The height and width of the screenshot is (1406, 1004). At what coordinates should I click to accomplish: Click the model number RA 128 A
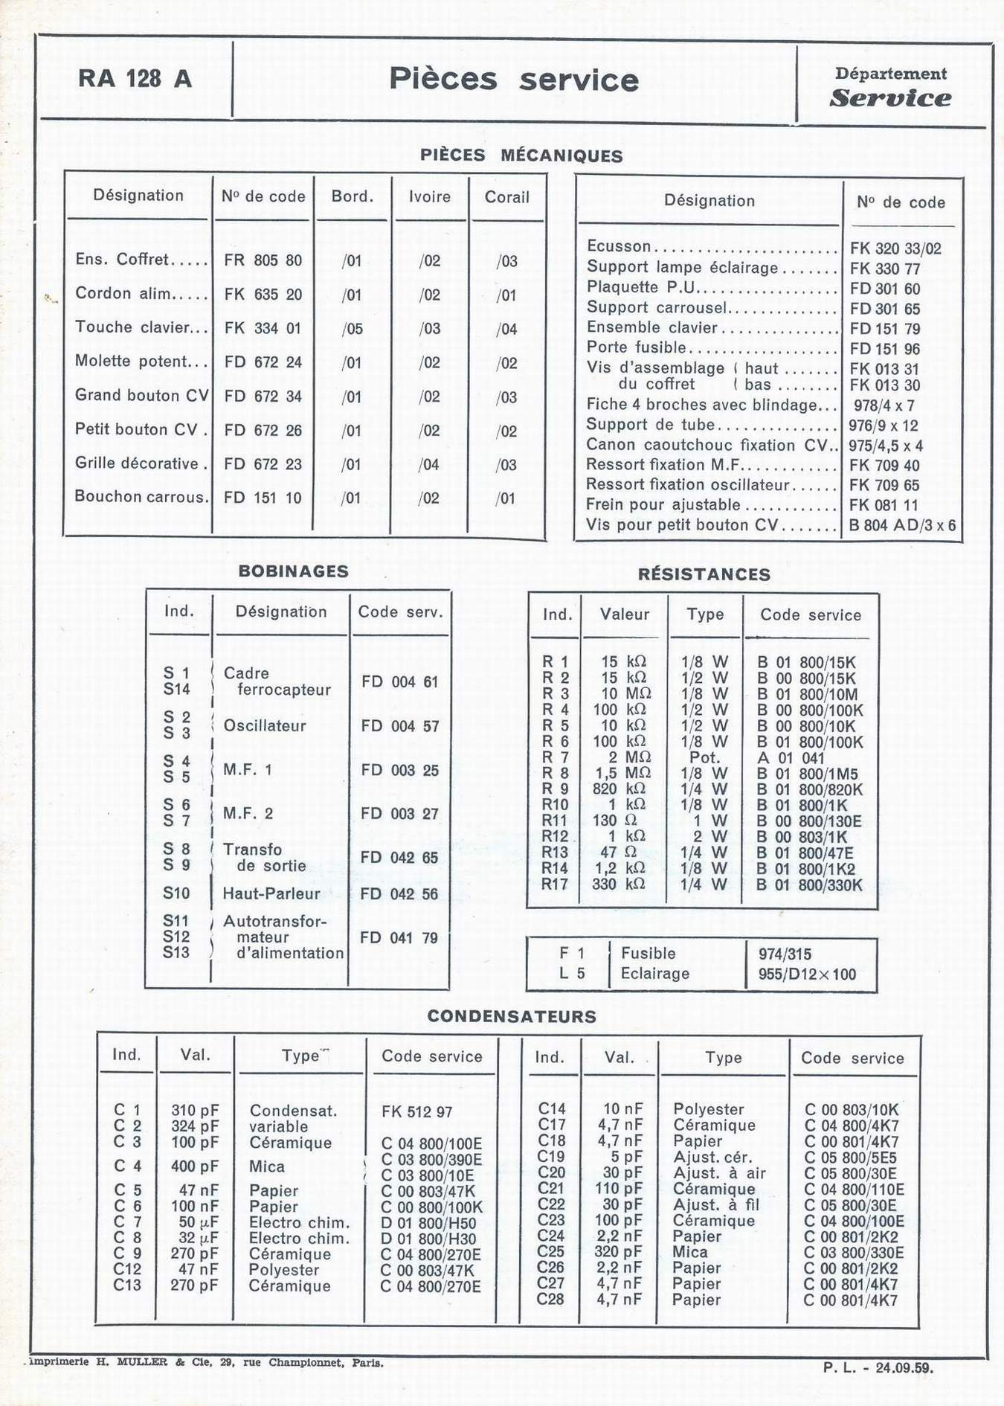[135, 79]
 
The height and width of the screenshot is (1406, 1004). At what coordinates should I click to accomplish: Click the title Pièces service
[513, 80]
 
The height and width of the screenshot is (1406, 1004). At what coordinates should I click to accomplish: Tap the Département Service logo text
[890, 88]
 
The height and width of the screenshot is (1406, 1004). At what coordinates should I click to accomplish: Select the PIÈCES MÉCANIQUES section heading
[521, 155]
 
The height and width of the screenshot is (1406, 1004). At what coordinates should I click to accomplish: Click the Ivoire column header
[430, 197]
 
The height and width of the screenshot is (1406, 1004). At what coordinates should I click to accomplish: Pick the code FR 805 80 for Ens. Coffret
[263, 260]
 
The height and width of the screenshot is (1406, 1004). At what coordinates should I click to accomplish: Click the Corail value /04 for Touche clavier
[506, 329]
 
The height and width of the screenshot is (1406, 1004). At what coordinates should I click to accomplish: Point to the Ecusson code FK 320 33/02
[895, 248]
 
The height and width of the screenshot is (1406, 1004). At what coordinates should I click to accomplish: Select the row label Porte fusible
[637, 347]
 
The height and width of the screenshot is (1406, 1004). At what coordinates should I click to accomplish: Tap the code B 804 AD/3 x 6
[902, 525]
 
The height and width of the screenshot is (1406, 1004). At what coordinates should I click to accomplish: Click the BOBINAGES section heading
[293, 571]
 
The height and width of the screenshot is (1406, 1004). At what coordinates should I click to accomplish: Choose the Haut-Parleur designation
[271, 893]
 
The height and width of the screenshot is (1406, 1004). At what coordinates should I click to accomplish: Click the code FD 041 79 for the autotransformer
[399, 937]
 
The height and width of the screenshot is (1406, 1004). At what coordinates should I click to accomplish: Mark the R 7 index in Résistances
[556, 757]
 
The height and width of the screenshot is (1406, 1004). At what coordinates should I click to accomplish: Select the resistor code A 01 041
[791, 758]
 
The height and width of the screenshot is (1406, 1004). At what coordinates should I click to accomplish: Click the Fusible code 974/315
[785, 954]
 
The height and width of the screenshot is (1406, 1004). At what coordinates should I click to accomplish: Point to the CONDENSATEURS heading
[512, 1016]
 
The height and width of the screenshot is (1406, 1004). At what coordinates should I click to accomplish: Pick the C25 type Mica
[689, 1252]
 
